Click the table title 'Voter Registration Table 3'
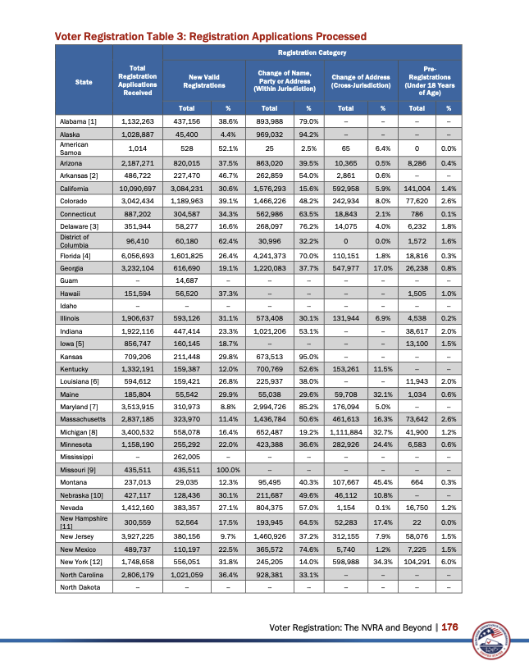click(x=210, y=36)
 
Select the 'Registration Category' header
click(x=311, y=52)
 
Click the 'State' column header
click(x=83, y=80)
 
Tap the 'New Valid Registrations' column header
click(x=204, y=80)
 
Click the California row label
click(x=76, y=189)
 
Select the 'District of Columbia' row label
click(x=75, y=241)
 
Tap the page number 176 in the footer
click(x=449, y=627)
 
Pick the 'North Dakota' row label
click(x=79, y=587)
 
